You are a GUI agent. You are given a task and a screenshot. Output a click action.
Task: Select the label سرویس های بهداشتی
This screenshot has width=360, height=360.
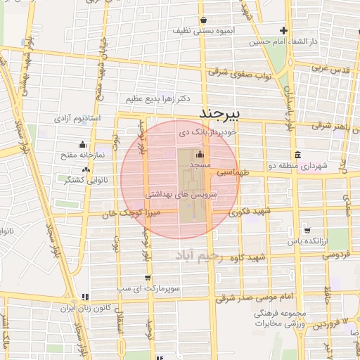coord(181,193)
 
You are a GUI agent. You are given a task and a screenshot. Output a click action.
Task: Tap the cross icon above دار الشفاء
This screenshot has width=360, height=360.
coord(283,31)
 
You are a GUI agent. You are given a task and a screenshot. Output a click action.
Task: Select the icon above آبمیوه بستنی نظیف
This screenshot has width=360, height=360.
coord(203,20)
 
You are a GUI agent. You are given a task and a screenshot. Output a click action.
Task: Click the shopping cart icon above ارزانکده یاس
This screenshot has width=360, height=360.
coord(307,230)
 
